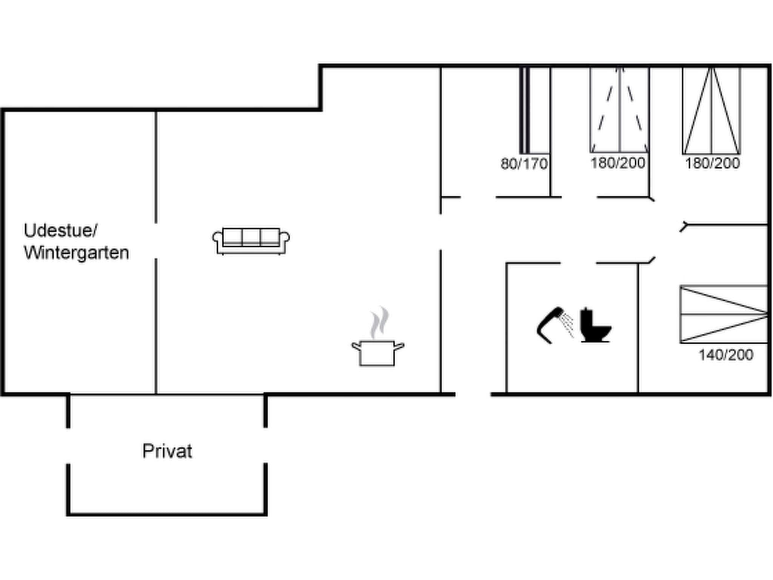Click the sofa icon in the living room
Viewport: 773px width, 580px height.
251,241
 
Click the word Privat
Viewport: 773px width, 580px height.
167,451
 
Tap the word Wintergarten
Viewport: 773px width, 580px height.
76,253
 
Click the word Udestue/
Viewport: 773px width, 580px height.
60,230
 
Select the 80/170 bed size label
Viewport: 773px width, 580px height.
524,164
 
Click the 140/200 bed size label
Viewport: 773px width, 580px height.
726,355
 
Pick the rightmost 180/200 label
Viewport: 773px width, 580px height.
712,163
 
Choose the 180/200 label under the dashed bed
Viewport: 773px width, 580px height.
618,163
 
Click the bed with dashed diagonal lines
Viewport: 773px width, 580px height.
619,110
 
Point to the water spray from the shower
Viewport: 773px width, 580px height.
567,325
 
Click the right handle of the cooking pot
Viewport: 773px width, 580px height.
399,346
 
